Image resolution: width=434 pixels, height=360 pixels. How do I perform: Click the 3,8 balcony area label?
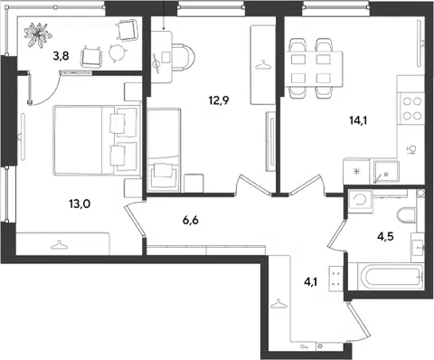[x=61, y=56]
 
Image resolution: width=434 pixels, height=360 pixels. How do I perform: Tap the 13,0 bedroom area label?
[x=80, y=204]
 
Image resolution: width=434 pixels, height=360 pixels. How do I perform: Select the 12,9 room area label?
[x=219, y=100]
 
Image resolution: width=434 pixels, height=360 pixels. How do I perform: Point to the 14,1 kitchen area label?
[x=359, y=120]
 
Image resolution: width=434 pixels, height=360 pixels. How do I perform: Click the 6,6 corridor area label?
[x=191, y=221]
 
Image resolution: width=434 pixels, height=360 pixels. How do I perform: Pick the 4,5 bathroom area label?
[x=385, y=237]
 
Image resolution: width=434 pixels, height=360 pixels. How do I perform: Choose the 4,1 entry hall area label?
[x=311, y=282]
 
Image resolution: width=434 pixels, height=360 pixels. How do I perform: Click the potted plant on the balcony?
[x=38, y=34]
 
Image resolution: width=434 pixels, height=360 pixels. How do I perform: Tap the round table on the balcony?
[x=117, y=52]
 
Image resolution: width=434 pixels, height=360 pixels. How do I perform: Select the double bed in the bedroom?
[x=97, y=140]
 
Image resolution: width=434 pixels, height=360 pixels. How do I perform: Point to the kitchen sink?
[x=386, y=172]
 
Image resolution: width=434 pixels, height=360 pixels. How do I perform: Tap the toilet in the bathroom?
[x=407, y=215]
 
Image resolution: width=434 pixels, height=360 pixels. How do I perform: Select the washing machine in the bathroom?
[x=360, y=200]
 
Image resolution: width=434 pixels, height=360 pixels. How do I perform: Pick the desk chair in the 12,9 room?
[x=182, y=57]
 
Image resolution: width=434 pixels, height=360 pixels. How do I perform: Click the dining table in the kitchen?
[x=314, y=69]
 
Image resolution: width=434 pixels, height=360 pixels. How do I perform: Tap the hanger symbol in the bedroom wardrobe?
[x=61, y=245]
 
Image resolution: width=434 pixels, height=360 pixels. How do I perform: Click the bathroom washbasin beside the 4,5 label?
[x=418, y=248]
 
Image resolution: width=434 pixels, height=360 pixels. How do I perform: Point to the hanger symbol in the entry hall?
[x=279, y=304]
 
